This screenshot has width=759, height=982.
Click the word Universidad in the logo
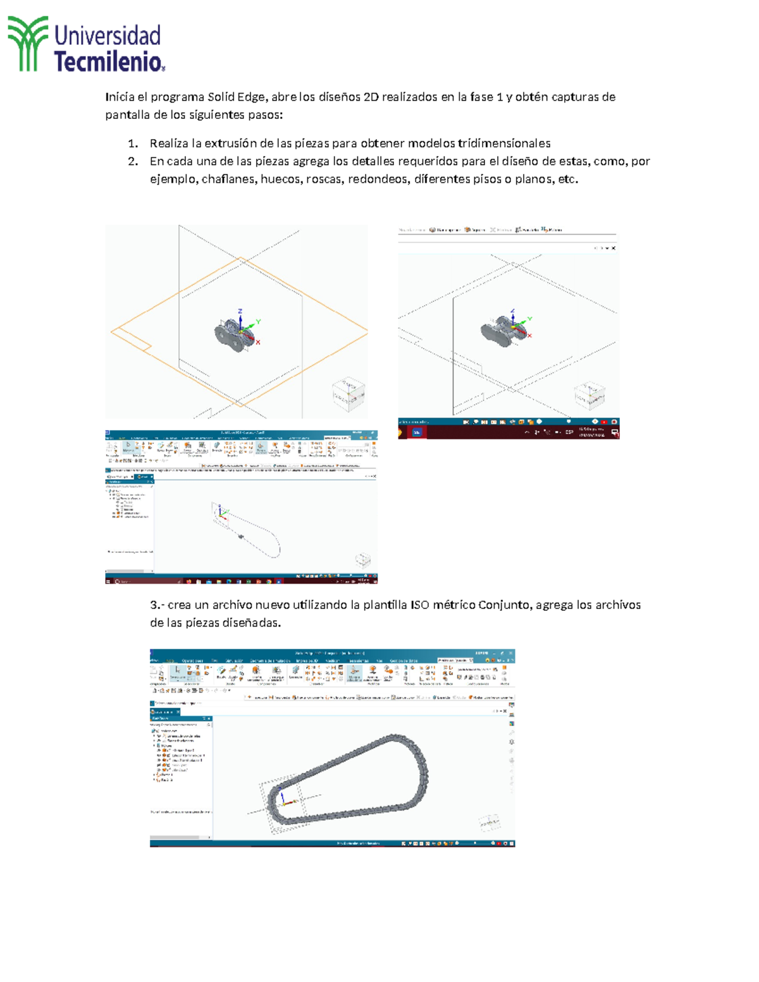tap(107, 35)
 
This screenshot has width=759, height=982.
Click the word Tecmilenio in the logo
tap(108, 62)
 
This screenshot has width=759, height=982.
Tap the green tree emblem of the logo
tap(28, 43)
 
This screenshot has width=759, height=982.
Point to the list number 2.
tap(132, 161)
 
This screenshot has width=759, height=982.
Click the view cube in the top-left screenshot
tap(349, 393)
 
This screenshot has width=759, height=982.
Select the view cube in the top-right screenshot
tap(589, 395)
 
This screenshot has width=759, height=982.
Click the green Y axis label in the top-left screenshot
tap(258, 322)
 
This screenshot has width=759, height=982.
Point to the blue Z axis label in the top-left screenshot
tap(240, 311)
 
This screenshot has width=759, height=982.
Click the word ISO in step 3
tap(420, 605)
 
